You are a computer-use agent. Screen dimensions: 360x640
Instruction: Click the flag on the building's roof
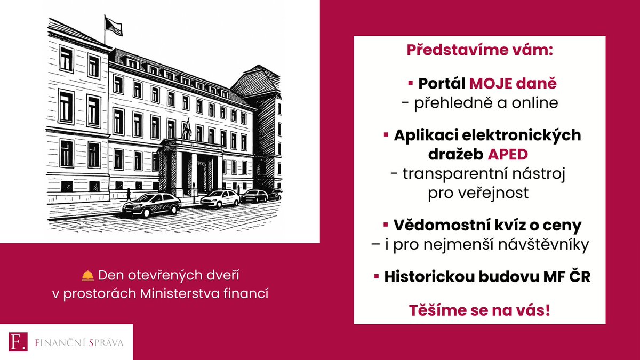tap(113, 25)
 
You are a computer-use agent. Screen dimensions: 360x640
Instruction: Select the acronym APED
tap(508, 154)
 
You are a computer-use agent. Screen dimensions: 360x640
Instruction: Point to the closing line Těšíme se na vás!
tap(479, 310)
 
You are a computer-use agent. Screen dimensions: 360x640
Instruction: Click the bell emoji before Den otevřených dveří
tap(87, 276)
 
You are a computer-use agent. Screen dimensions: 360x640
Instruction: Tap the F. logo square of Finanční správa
tap(17, 342)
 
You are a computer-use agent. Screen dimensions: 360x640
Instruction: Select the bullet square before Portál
tap(411, 84)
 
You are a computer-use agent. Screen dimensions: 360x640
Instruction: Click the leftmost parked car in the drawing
tap(151, 204)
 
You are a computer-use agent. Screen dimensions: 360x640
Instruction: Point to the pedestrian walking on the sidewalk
tap(128, 195)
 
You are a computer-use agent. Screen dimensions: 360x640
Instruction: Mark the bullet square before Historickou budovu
tap(377, 277)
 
